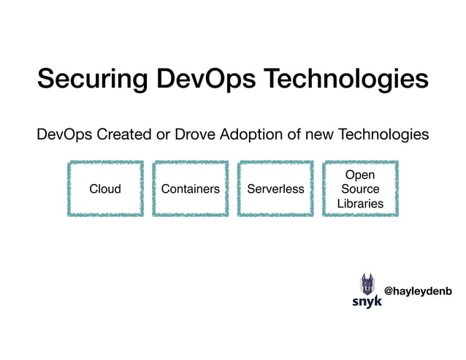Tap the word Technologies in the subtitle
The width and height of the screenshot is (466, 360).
point(373,135)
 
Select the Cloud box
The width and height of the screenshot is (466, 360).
point(105,189)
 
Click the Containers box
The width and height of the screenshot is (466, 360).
point(191,189)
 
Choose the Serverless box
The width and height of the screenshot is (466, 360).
point(275,189)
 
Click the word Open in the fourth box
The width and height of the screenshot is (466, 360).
point(359,175)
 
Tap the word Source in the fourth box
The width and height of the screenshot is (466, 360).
point(360,189)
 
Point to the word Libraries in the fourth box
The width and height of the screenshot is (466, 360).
point(360,204)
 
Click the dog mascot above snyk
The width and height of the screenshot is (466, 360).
point(367,283)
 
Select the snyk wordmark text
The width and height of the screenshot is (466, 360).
point(367,301)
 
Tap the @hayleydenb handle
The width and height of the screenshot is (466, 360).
point(418,291)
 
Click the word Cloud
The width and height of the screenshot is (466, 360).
point(105,189)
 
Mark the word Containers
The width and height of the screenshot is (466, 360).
point(191,189)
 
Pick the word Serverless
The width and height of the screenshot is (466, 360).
point(275,189)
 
